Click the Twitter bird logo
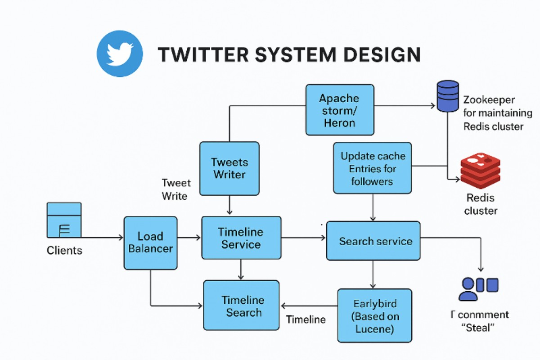pyautogui.click(x=120, y=54)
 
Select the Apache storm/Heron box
pyautogui.click(x=340, y=110)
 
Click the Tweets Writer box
pyautogui.click(x=229, y=168)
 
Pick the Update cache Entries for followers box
pyautogui.click(x=372, y=168)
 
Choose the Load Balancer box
pyautogui.click(x=150, y=243)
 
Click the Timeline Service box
pyautogui.click(x=241, y=238)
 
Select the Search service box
pyautogui.click(x=373, y=241)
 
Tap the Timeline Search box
pyautogui.click(x=241, y=306)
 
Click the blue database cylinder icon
pyautogui.click(x=447, y=95)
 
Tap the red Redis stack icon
pyautogui.click(x=480, y=171)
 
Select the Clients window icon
pyautogui.click(x=64, y=220)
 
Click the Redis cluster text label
pyautogui.click(x=481, y=204)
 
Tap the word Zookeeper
pyautogui.click(x=489, y=100)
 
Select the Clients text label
pyautogui.click(x=64, y=250)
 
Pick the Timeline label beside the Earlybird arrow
pyautogui.click(x=306, y=319)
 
